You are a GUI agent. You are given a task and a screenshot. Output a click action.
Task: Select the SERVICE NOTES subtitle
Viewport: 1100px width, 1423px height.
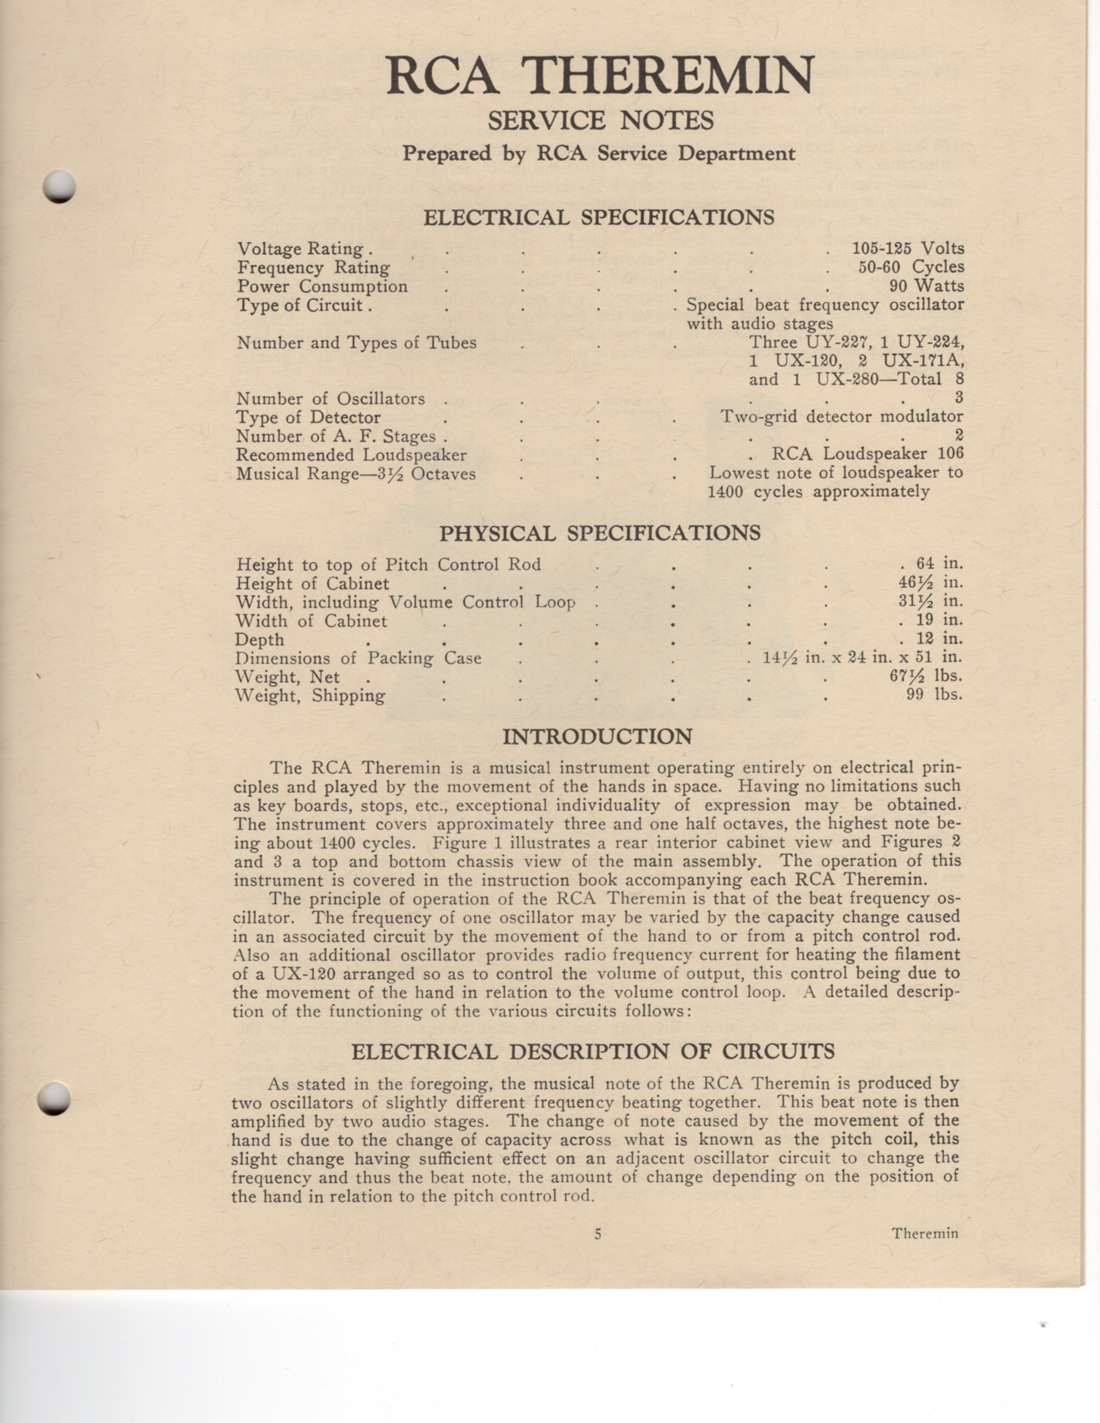click(600, 121)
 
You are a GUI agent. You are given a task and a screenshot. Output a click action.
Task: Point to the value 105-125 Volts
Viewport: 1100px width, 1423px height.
click(908, 248)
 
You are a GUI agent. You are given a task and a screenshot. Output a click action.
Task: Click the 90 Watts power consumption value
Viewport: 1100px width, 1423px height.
click(926, 286)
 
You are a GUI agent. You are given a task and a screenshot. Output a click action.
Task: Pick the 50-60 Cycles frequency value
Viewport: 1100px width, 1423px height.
click(910, 267)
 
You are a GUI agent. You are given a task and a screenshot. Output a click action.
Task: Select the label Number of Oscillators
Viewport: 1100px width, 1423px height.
click(330, 399)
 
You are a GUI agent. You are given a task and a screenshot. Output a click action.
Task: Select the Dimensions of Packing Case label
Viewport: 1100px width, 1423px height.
click(358, 658)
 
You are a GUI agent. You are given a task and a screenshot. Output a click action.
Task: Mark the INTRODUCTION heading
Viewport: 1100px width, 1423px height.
click(597, 737)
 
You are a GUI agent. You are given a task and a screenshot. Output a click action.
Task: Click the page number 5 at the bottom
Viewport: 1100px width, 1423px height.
click(597, 1233)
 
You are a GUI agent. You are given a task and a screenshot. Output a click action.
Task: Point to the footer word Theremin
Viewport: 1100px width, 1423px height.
click(925, 1233)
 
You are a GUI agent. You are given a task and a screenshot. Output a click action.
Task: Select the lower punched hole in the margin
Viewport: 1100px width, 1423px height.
click(53, 1099)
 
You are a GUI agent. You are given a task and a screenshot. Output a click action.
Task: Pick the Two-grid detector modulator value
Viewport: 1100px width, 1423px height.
click(841, 417)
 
